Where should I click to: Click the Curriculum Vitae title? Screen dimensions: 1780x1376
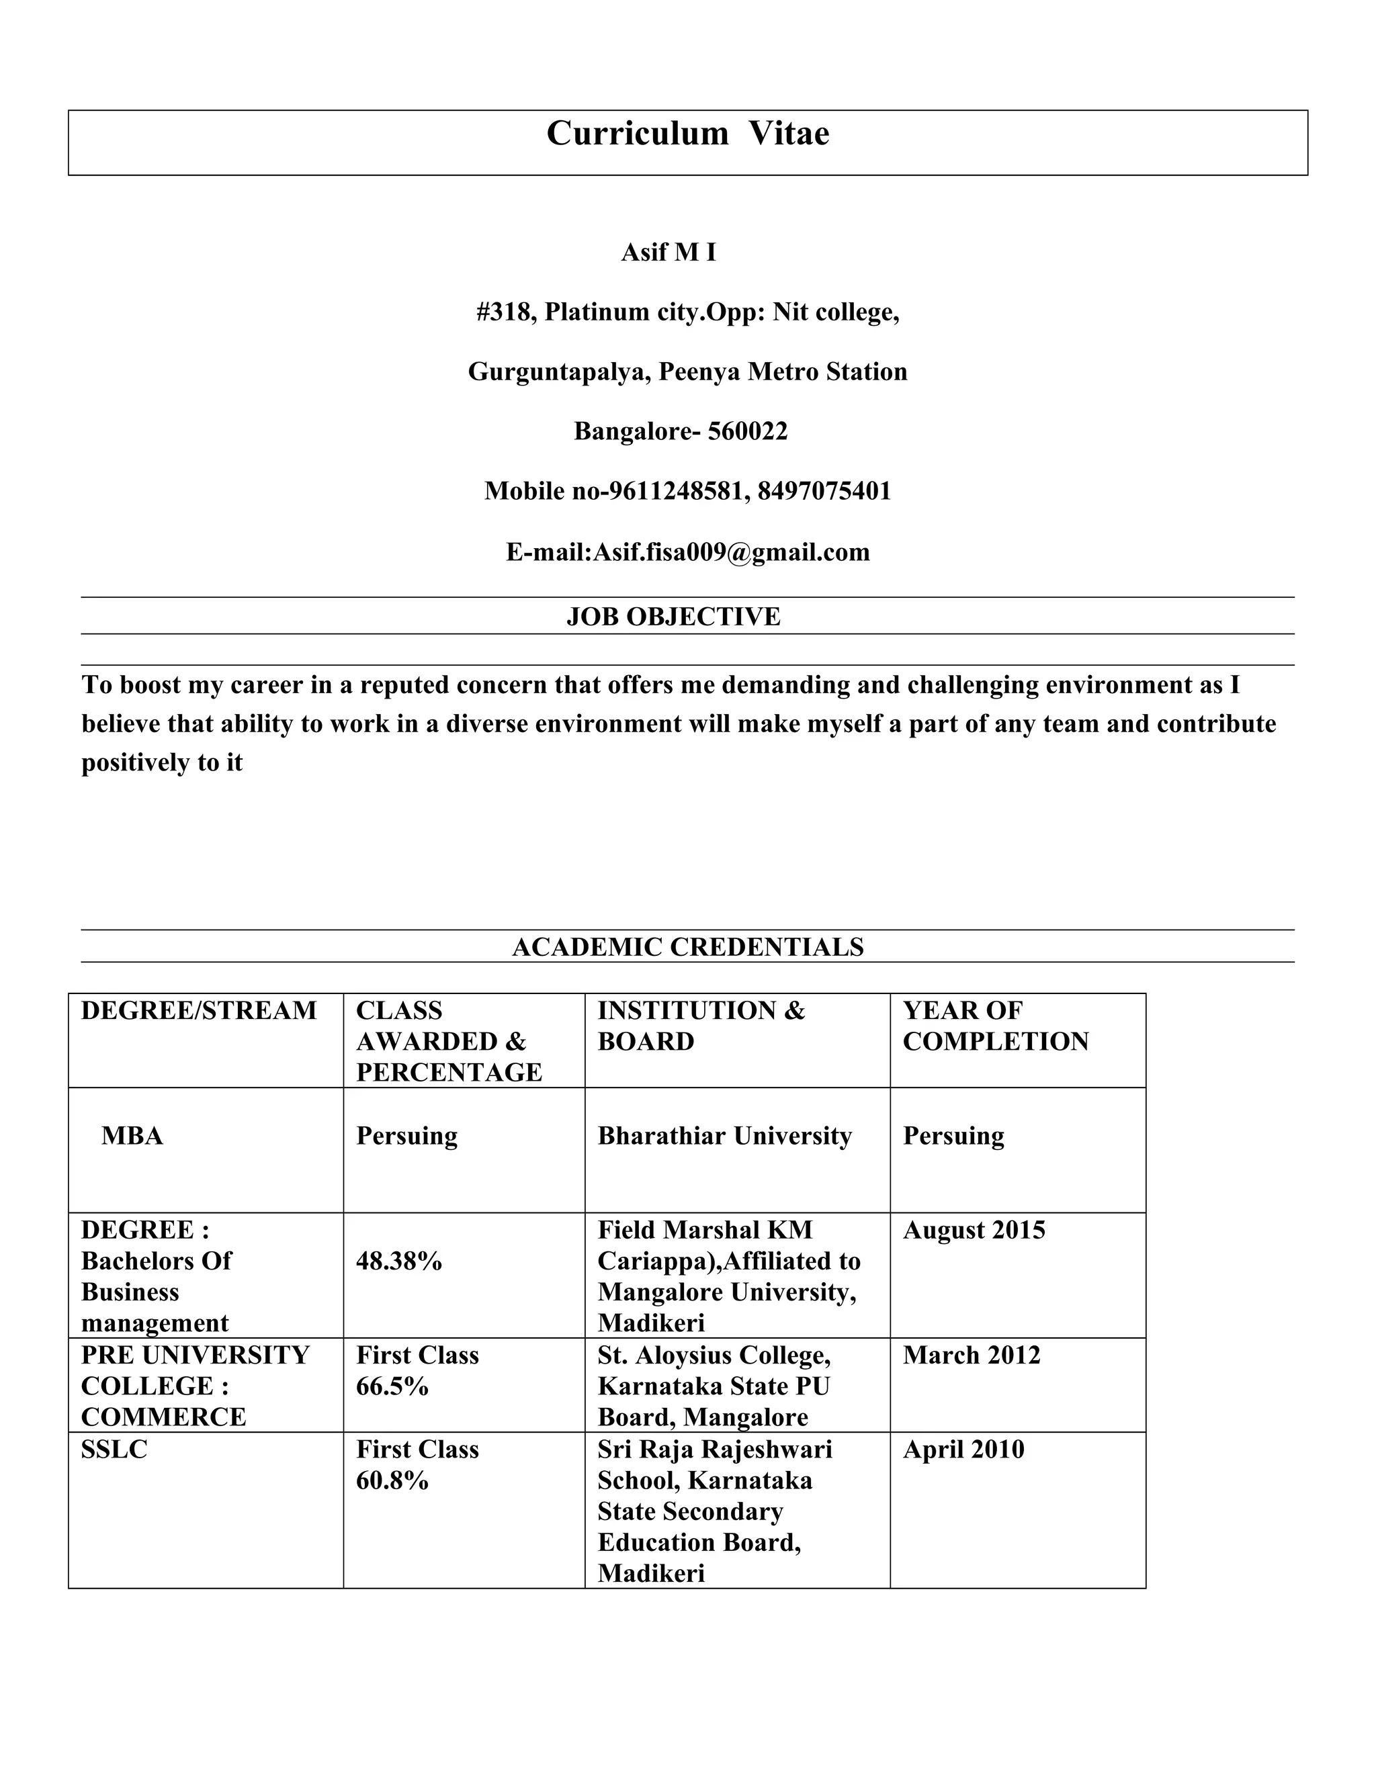pyautogui.click(x=687, y=134)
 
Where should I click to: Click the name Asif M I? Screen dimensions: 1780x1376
pyautogui.click(x=669, y=253)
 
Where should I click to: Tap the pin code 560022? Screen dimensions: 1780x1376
pyautogui.click(x=748, y=431)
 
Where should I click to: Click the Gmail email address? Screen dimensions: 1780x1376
pyautogui.click(x=731, y=553)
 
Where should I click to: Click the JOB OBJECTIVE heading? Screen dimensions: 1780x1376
pyautogui.click(x=673, y=616)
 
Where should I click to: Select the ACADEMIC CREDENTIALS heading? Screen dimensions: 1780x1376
pyautogui.click(x=687, y=947)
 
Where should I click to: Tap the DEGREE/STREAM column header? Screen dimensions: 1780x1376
pyautogui.click(x=199, y=1011)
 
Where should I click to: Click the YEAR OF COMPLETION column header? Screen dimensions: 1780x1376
pyautogui.click(x=995, y=1026)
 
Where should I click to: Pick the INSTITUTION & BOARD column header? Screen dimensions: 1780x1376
pyautogui.click(x=701, y=1026)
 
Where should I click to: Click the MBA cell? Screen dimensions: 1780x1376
pyautogui.click(x=132, y=1136)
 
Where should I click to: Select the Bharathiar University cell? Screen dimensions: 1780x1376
pyautogui.click(x=725, y=1136)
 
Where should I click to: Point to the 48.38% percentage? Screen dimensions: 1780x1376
pyautogui.click(x=398, y=1261)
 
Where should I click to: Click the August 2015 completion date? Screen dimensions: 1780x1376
pyautogui.click(x=974, y=1231)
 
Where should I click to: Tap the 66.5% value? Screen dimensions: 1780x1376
pyautogui.click(x=392, y=1386)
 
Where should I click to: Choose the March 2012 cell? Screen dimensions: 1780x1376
pyautogui.click(x=972, y=1355)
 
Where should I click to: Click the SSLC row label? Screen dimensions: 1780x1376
pyautogui.click(x=114, y=1450)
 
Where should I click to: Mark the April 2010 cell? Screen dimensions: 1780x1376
pyautogui.click(x=963, y=1450)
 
